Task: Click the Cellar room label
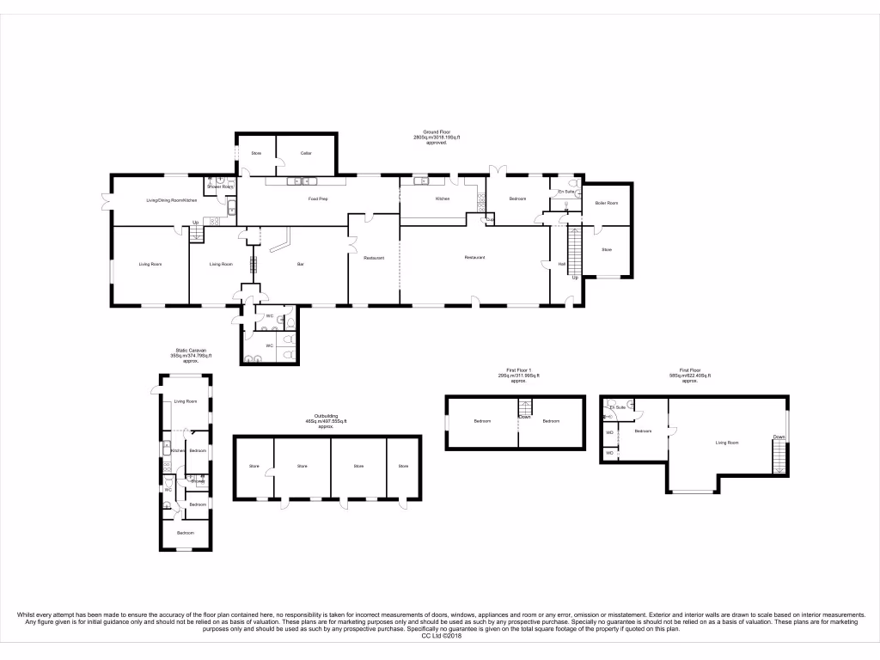(x=305, y=153)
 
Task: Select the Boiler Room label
(x=607, y=203)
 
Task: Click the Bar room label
(x=301, y=264)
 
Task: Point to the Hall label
(x=562, y=264)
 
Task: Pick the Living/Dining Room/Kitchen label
(x=172, y=200)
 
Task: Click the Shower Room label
(x=220, y=186)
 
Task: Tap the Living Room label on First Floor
(x=727, y=442)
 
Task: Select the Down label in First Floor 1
(x=523, y=417)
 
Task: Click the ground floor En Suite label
(x=565, y=191)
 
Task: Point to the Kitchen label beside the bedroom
(x=442, y=199)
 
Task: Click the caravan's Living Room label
(x=186, y=401)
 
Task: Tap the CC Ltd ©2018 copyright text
(x=441, y=635)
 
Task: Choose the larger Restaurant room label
(x=475, y=257)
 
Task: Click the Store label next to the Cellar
(x=256, y=153)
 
